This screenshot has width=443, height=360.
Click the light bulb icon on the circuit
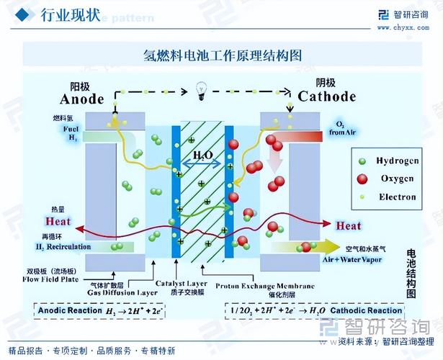[x=202, y=91]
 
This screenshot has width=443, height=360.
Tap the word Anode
[x=82, y=99]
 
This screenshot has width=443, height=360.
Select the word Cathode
[x=326, y=96]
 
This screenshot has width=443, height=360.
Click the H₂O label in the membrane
[x=202, y=156]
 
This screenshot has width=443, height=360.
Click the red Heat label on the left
[x=58, y=222]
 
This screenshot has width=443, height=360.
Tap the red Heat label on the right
[x=349, y=226]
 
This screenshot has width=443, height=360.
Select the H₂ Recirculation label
[x=63, y=247]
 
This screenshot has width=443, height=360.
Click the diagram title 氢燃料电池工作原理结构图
[x=222, y=55]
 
